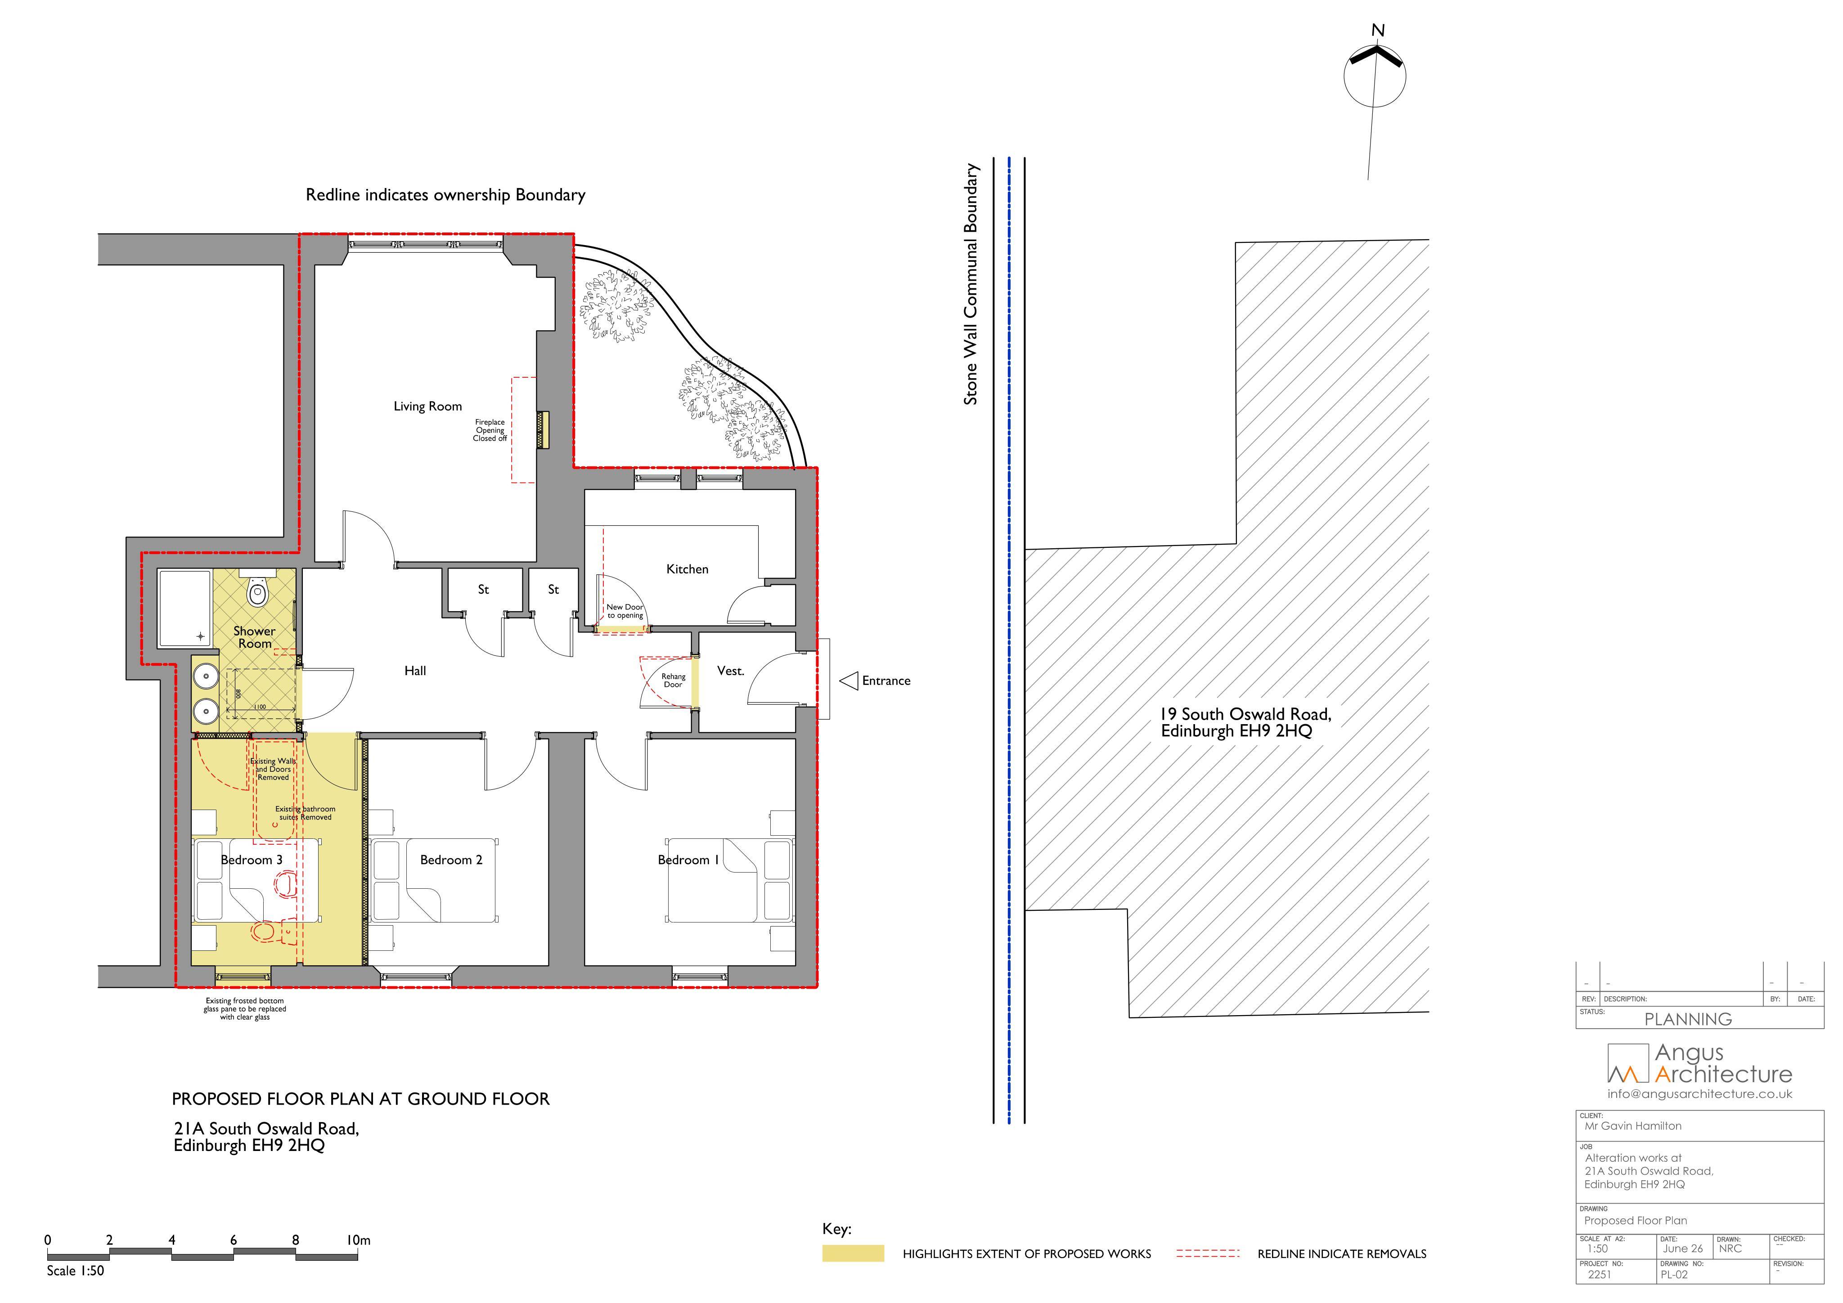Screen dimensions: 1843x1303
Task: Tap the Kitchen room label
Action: click(x=687, y=569)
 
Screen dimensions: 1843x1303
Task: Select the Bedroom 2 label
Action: click(x=451, y=860)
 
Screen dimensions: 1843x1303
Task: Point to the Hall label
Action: click(x=415, y=671)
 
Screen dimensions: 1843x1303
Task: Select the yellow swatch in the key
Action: click(x=853, y=1253)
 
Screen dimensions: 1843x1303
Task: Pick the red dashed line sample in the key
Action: click(x=1208, y=1253)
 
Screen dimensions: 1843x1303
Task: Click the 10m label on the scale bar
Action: click(x=359, y=1240)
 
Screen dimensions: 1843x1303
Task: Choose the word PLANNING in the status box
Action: click(x=1688, y=1020)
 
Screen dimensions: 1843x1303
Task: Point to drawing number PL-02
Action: click(x=1674, y=1274)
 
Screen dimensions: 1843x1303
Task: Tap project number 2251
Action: click(x=1599, y=1274)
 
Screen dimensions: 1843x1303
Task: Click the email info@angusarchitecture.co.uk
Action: click(x=1699, y=1094)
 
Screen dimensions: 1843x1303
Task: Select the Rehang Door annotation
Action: click(x=674, y=681)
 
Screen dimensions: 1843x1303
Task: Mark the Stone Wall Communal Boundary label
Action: click(x=971, y=284)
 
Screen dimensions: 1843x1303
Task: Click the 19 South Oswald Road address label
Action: click(x=1246, y=722)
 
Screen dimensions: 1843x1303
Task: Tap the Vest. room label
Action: click(x=730, y=671)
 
